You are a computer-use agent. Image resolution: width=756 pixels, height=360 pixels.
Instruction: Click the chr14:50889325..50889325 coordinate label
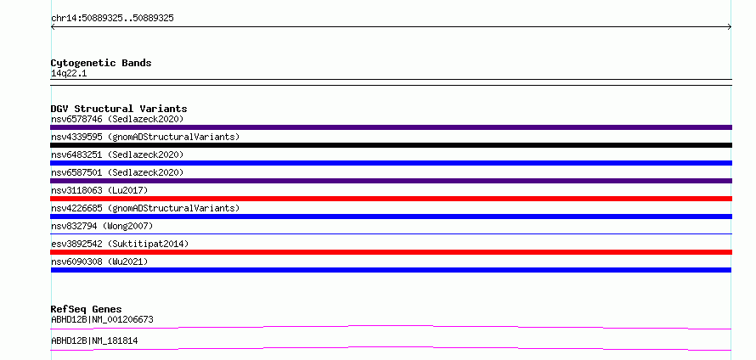(112, 19)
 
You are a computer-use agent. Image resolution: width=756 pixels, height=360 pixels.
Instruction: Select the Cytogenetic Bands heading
(101, 63)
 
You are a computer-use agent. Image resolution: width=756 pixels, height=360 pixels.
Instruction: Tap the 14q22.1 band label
(69, 74)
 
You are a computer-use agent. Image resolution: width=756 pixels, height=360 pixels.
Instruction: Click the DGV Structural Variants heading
(119, 109)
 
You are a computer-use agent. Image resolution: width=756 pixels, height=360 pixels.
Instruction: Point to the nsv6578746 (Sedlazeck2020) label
(117, 119)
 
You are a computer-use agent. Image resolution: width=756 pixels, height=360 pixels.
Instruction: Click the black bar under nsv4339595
(391, 145)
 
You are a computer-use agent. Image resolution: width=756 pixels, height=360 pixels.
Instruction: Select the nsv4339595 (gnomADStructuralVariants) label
(145, 137)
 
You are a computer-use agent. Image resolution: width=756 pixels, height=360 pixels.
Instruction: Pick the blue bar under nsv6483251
(391, 163)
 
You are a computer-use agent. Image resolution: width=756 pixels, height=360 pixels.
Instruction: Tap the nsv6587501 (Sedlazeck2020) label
(117, 172)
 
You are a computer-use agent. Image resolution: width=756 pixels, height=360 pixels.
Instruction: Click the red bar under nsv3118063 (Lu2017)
(391, 199)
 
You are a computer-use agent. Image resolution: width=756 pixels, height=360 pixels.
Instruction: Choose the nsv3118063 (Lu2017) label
(99, 190)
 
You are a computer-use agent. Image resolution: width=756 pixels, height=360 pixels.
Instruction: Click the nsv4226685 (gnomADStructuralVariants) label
(145, 208)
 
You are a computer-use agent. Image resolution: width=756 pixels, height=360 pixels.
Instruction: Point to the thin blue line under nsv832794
(391, 233)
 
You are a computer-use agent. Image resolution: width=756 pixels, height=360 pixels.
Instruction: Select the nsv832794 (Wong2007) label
(102, 226)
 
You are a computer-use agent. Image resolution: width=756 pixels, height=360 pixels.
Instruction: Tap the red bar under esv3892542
(391, 252)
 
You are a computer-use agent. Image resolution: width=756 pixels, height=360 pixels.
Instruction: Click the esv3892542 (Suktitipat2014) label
(120, 244)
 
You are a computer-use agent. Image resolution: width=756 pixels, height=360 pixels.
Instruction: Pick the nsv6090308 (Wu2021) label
(99, 262)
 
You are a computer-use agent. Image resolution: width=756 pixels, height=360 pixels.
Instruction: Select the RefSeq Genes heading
(87, 309)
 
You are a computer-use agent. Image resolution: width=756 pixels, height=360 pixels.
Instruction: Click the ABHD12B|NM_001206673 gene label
(102, 319)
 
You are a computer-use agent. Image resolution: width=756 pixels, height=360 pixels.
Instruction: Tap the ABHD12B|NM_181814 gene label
(94, 340)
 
